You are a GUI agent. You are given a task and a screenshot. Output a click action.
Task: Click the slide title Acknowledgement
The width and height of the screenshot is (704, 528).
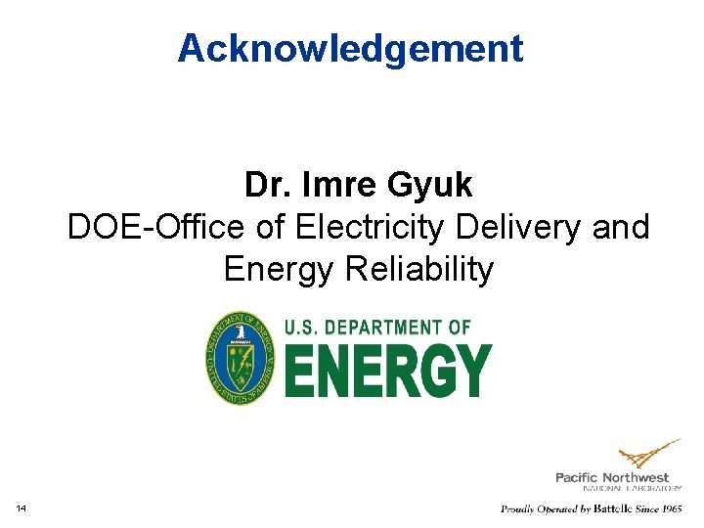351,48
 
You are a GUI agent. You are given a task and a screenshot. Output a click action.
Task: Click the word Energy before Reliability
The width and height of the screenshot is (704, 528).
279,269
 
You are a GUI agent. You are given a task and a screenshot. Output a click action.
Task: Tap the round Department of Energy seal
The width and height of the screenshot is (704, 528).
241,358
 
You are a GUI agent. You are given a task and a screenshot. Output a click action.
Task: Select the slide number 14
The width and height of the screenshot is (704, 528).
21,507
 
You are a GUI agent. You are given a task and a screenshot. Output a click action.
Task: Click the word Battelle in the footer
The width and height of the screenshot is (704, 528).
607,508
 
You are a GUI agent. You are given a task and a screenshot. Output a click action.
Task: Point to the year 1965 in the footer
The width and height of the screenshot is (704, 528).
670,508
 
